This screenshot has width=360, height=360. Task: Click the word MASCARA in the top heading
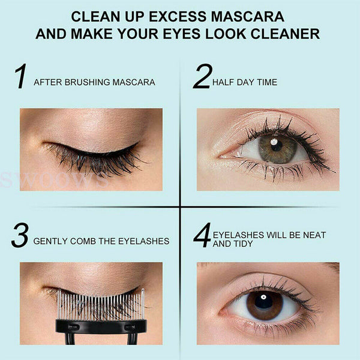click(x=247, y=17)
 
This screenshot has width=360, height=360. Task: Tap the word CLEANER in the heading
click(x=285, y=34)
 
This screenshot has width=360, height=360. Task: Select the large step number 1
click(x=20, y=76)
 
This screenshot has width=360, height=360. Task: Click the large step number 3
click(x=20, y=235)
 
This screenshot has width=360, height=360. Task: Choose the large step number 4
click(x=202, y=235)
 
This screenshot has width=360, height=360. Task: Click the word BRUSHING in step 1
click(x=87, y=82)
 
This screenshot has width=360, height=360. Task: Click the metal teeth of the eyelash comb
click(x=101, y=304)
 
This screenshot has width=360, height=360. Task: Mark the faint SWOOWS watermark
click(x=55, y=180)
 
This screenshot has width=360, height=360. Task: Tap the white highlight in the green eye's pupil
click(x=274, y=142)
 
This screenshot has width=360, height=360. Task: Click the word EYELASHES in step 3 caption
click(x=144, y=241)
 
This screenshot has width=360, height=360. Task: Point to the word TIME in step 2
click(x=267, y=82)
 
